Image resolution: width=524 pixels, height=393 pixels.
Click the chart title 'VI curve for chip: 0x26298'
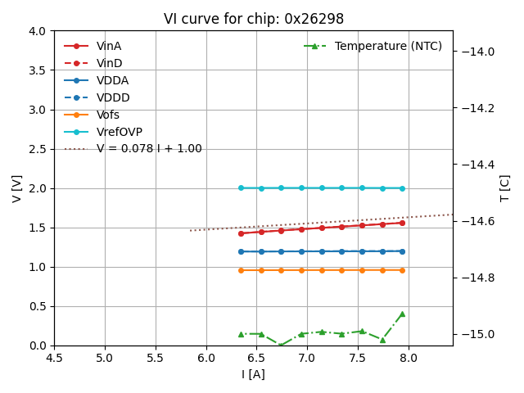[254, 19]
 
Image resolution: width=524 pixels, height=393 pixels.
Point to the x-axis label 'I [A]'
[253, 374]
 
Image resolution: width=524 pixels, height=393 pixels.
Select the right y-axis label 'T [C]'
[504, 188]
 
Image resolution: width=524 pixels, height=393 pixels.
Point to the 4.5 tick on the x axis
[54, 358]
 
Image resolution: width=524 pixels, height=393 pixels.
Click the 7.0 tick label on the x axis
[307, 358]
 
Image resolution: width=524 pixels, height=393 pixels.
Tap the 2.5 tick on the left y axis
[39, 149]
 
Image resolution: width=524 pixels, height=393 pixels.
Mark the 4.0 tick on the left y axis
[39, 31]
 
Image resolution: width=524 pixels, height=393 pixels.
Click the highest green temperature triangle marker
[402, 314]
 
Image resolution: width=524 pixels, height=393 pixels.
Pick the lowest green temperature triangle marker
[281, 346]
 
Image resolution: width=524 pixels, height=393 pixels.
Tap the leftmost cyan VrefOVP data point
[241, 187]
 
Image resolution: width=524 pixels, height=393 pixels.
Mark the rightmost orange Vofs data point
[402, 270]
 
